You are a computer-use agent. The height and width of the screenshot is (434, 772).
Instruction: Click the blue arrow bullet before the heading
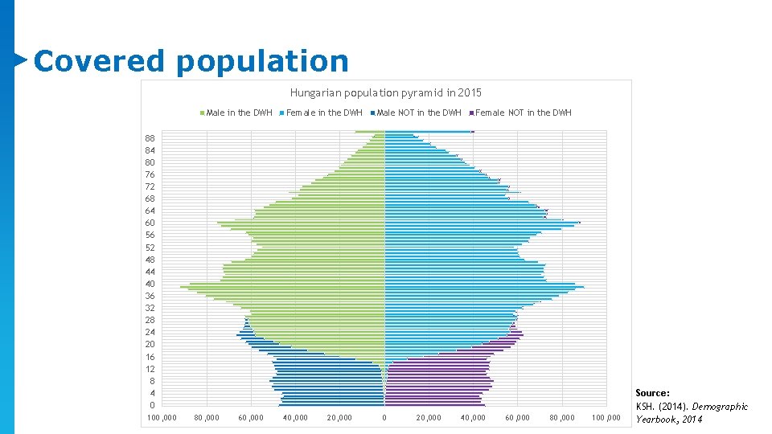coord(21,59)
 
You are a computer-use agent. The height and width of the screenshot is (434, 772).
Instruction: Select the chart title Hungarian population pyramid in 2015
coord(385,93)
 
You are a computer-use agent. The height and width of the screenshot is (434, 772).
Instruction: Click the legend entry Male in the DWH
coord(239,113)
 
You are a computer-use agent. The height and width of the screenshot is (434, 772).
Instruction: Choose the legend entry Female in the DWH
coord(324,113)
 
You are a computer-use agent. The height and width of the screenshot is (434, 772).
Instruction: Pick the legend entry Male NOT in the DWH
coord(419,113)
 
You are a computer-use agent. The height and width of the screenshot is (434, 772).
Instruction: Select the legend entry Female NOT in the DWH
coord(523,113)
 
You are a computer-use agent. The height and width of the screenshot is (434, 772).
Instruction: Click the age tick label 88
coord(150,138)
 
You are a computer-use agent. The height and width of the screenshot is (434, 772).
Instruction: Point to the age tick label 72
coord(150,186)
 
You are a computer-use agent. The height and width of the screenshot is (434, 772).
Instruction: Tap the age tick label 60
coord(150,223)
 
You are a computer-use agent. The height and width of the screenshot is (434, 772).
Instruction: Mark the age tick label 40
coord(150,284)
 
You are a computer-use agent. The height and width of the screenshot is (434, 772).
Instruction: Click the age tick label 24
coord(150,332)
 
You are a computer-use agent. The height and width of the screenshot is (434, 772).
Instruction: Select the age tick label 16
coord(150,357)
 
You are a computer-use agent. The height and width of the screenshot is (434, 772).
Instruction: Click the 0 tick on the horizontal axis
coord(384,418)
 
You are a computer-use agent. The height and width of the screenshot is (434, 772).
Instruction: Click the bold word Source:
coord(652,393)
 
